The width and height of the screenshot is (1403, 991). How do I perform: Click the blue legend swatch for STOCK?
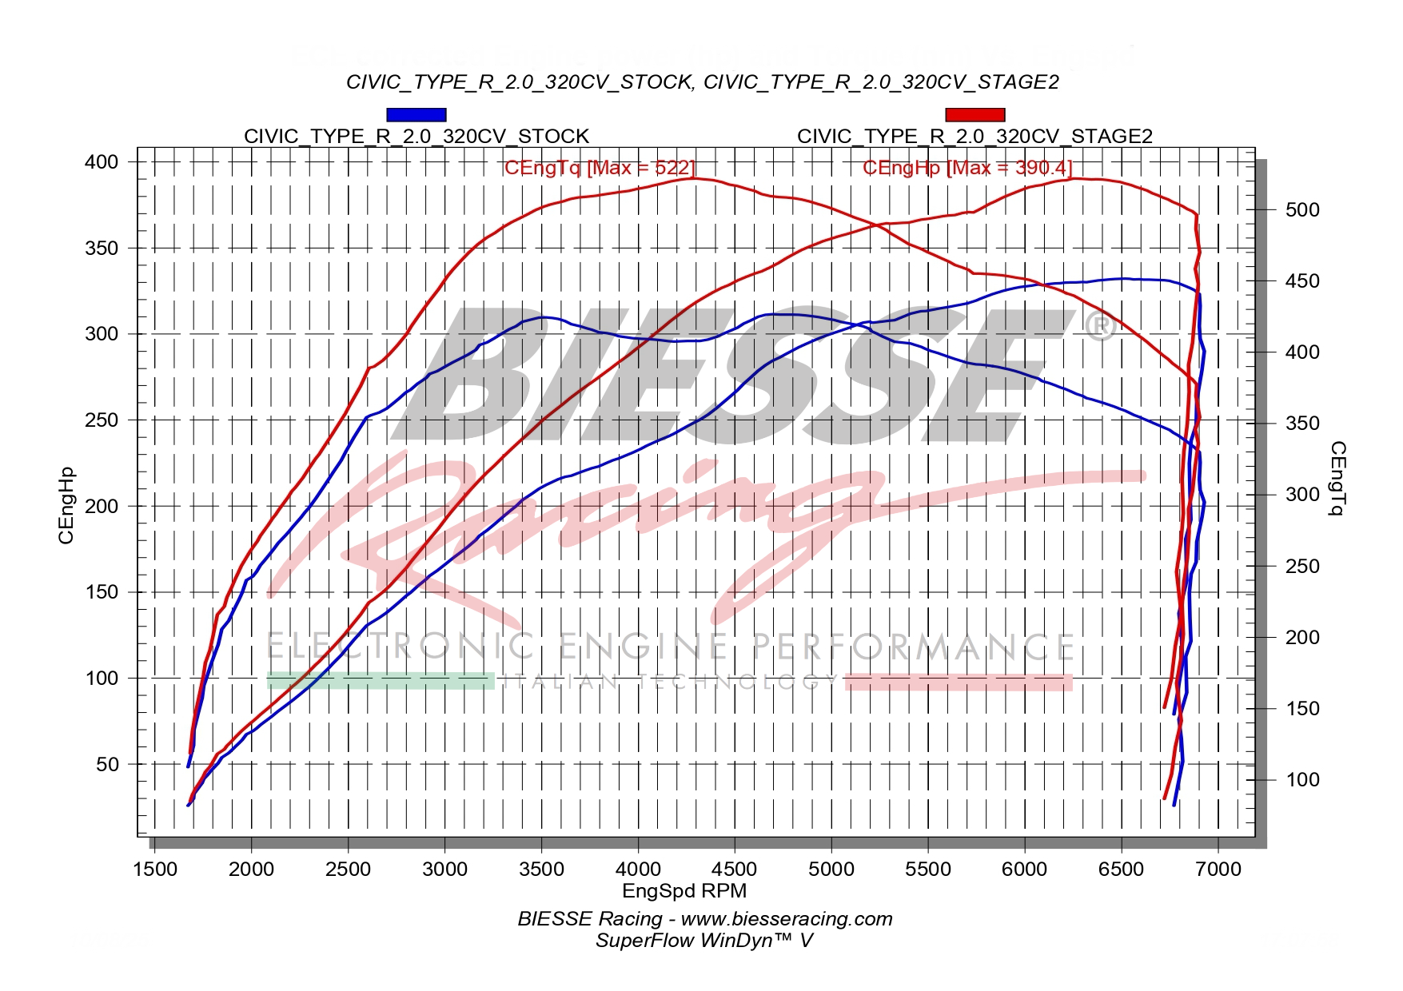coord(416,115)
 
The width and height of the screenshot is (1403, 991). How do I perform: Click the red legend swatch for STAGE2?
coord(975,115)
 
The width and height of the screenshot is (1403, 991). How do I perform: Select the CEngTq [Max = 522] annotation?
coord(600,168)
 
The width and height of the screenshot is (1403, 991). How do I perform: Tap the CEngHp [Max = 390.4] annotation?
coord(967,168)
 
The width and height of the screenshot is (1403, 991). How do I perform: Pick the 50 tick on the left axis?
coord(107,765)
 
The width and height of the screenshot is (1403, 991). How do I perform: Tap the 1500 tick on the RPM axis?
coord(154,869)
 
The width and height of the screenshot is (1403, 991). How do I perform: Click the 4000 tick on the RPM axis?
coord(638,869)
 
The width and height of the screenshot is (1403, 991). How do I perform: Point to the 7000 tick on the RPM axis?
coord(1218,869)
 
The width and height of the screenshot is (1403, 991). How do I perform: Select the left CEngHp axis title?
coord(67,505)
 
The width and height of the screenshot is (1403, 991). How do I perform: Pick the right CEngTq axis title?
coord(1337,478)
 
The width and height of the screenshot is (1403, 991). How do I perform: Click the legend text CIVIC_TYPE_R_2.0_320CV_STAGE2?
coord(975,137)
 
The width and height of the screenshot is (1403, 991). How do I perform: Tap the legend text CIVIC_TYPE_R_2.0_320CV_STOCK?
coord(416,137)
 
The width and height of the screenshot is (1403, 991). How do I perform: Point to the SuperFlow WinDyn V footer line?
coord(703,941)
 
